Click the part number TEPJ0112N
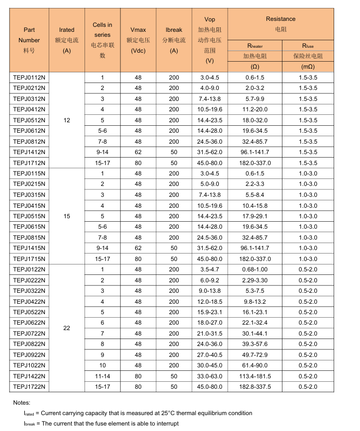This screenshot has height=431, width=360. click(x=29, y=78)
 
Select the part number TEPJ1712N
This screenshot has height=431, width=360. click(x=29, y=163)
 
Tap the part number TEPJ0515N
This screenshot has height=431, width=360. click(x=29, y=216)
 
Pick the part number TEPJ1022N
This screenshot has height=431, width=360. click(x=29, y=365)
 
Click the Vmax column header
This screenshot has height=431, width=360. click(x=138, y=30)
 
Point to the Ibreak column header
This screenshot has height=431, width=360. click(x=174, y=30)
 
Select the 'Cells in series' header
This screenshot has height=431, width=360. click(x=102, y=30)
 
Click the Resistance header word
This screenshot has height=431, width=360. click(x=280, y=19)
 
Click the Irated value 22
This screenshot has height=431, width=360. click(x=67, y=328)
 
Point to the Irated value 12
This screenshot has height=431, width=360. click(x=67, y=120)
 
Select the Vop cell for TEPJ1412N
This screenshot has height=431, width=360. click(x=209, y=152)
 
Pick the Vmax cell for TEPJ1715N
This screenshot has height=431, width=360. click(x=138, y=259)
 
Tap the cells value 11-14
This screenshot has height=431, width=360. click(x=102, y=376)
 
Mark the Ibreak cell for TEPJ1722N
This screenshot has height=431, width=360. click(x=174, y=387)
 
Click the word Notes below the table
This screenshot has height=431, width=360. click(x=22, y=402)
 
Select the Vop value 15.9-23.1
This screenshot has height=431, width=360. click(x=209, y=312)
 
